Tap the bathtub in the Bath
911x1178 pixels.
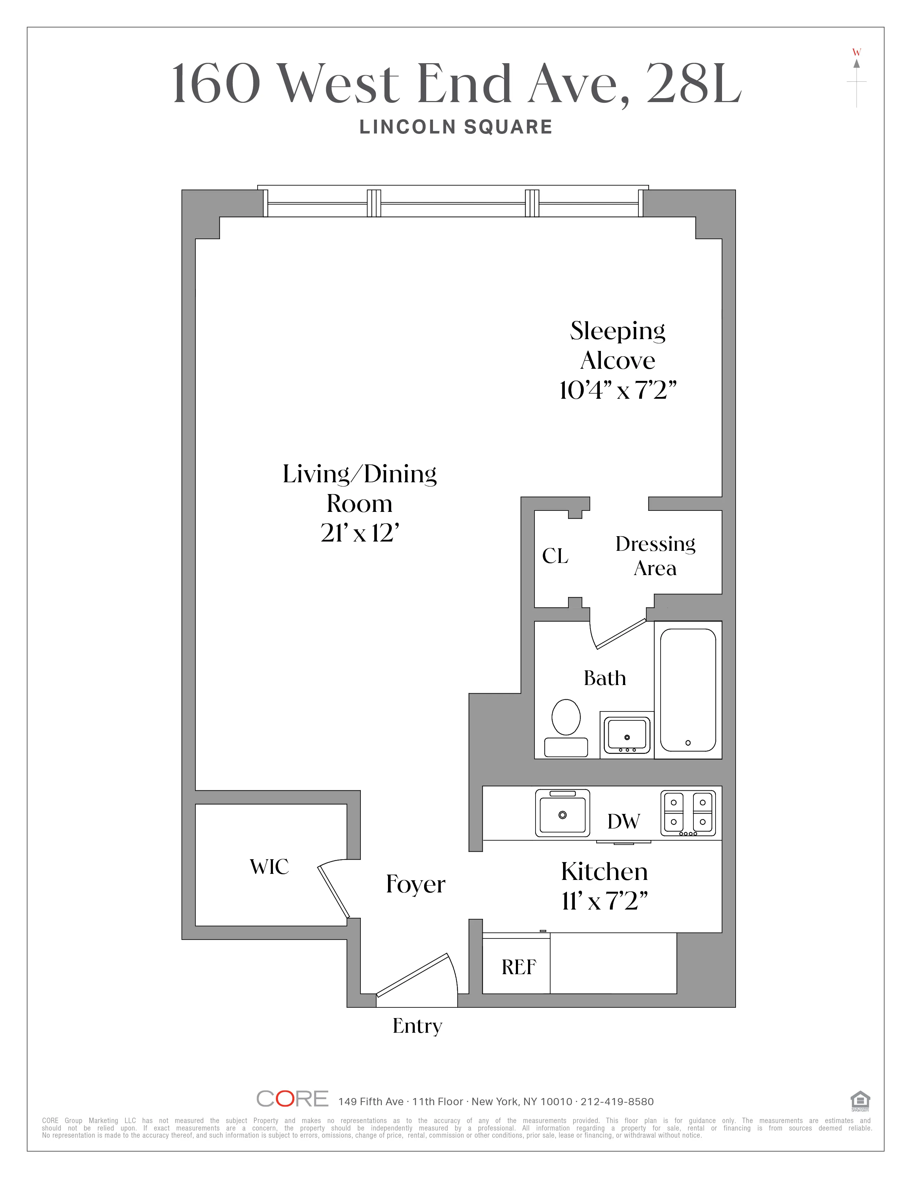(x=688, y=690)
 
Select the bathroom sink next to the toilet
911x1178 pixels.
(x=627, y=735)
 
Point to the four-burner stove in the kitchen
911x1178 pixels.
(x=688, y=813)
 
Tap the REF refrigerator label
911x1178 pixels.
(x=519, y=967)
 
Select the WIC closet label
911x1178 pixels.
(x=269, y=867)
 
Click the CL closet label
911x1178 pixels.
(x=555, y=556)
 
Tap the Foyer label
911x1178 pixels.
(x=415, y=885)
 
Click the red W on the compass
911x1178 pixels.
(x=856, y=52)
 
